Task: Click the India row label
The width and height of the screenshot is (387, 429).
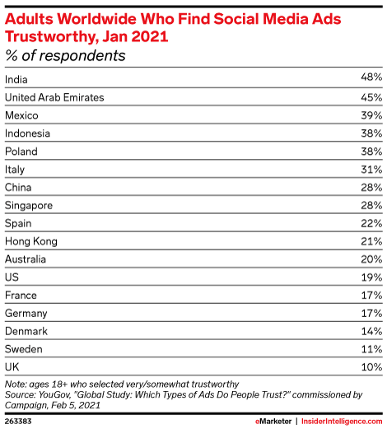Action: (x=16, y=80)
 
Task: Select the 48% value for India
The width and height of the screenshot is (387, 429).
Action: (x=371, y=77)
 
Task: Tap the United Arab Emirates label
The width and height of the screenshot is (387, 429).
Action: (x=54, y=97)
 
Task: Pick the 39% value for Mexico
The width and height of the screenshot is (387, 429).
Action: (x=371, y=115)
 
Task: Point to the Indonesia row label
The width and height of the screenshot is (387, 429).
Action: (x=27, y=133)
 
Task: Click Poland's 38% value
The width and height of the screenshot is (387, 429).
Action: (x=371, y=152)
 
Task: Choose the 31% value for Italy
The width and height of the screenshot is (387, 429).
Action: (x=371, y=170)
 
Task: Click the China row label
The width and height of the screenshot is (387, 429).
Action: (x=18, y=187)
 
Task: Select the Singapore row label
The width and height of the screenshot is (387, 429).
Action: (x=29, y=206)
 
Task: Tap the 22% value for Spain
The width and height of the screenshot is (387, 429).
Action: (x=371, y=223)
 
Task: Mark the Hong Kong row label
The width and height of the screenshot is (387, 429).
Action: (x=31, y=241)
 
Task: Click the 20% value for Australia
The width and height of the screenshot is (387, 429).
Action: (x=371, y=259)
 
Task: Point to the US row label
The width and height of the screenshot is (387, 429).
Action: (x=12, y=277)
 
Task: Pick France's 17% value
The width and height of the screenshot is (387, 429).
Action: (x=371, y=295)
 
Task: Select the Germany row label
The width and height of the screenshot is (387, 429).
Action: (x=26, y=314)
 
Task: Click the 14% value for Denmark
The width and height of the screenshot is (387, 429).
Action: (x=371, y=331)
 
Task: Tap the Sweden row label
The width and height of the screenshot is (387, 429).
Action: (x=24, y=349)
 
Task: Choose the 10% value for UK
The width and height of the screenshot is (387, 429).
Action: (x=371, y=367)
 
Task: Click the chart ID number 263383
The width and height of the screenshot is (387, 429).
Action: (x=18, y=422)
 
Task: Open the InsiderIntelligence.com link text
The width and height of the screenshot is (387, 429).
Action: (x=342, y=422)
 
